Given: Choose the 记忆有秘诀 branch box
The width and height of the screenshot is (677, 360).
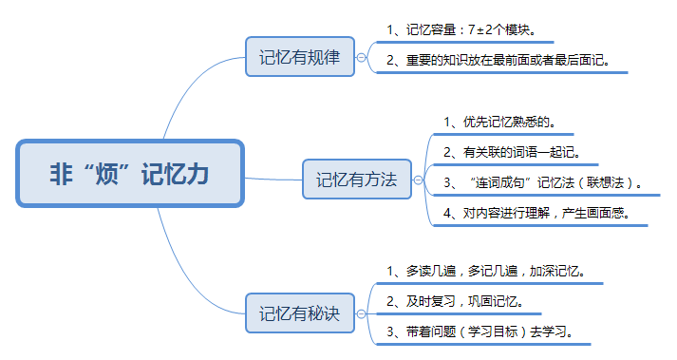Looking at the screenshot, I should pos(299,312).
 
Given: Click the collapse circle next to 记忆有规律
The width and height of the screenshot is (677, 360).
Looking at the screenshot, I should pos(361,57).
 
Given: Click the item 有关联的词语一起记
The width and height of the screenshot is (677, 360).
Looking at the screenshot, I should pos(511,152).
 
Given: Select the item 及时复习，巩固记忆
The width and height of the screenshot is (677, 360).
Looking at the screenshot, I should pos(455,302).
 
